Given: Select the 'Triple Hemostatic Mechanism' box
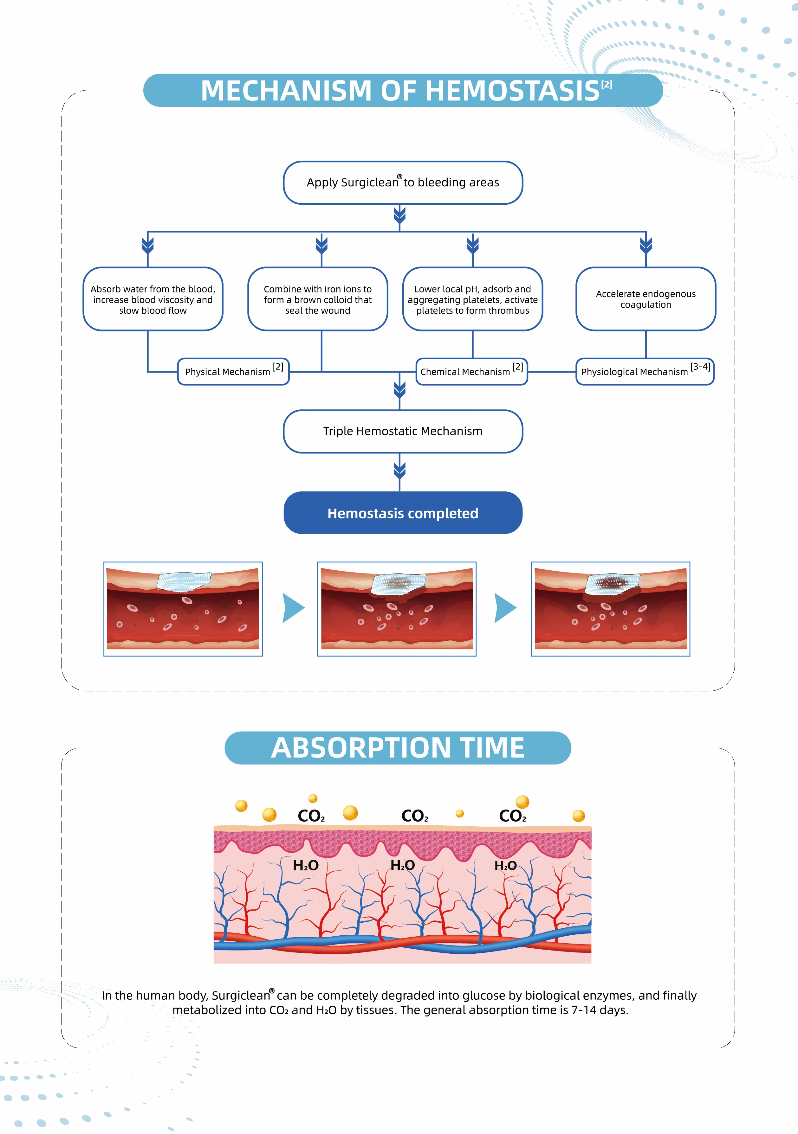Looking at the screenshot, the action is [x=403, y=431].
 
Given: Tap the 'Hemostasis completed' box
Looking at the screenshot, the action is [x=403, y=513].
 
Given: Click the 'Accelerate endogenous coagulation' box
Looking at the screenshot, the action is [x=646, y=299].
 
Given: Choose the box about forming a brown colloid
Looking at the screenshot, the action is [x=318, y=299].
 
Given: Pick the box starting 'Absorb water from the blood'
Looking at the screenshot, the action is [x=153, y=299].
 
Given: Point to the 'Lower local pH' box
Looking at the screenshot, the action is [x=473, y=299].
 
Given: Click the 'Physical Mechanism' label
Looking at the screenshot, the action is [x=233, y=371].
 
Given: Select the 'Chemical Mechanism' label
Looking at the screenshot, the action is [x=472, y=371].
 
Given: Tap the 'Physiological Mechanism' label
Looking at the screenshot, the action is [x=645, y=371].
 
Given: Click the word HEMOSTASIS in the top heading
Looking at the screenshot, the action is [x=512, y=91].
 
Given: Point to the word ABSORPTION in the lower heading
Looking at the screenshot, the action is [x=361, y=748].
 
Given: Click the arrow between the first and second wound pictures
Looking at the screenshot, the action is [x=294, y=608].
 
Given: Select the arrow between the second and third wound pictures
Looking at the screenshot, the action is [x=505, y=608].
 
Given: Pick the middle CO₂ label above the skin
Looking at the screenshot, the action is [x=415, y=816].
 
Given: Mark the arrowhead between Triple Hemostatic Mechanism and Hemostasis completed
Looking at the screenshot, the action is [x=400, y=470].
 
